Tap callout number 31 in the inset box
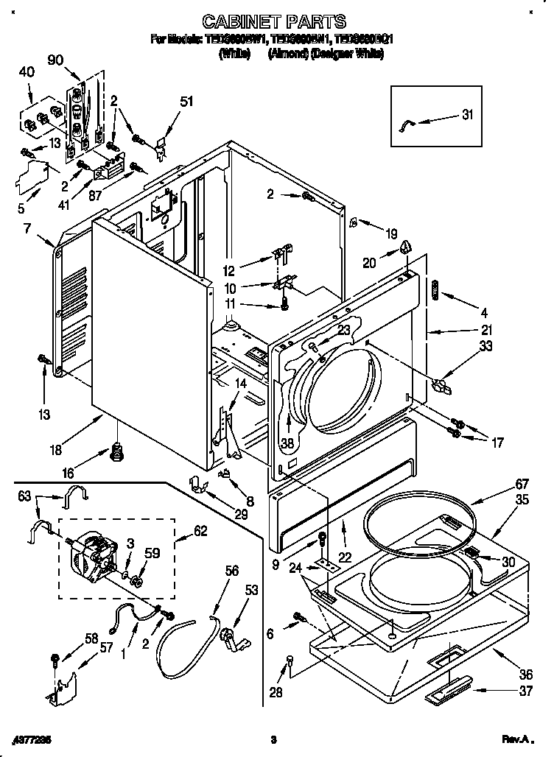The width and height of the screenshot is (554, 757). tap(468, 114)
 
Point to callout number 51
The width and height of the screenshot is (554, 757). tap(187, 102)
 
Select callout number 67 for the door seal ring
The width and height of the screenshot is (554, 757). tap(502, 484)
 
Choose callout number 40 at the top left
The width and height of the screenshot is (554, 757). tap(27, 73)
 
